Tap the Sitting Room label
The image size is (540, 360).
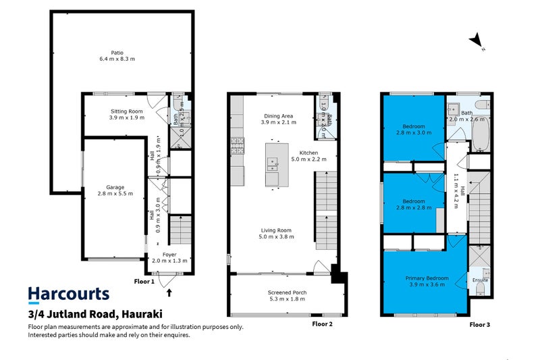[x=127, y=114]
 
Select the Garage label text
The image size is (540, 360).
[x=115, y=190]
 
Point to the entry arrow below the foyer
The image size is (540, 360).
[x=169, y=293]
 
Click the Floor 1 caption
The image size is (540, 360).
[x=144, y=281]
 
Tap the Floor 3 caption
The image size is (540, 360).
[x=479, y=324]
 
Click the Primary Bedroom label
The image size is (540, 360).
[x=427, y=282]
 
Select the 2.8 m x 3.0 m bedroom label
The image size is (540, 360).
[x=414, y=130]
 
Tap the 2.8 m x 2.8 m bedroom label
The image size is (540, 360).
[x=414, y=205]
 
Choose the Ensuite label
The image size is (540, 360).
[x=480, y=280]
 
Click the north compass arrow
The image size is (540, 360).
[x=478, y=41]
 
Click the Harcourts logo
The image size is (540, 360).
[x=68, y=294]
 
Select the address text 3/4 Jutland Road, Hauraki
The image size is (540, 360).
[x=94, y=314]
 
